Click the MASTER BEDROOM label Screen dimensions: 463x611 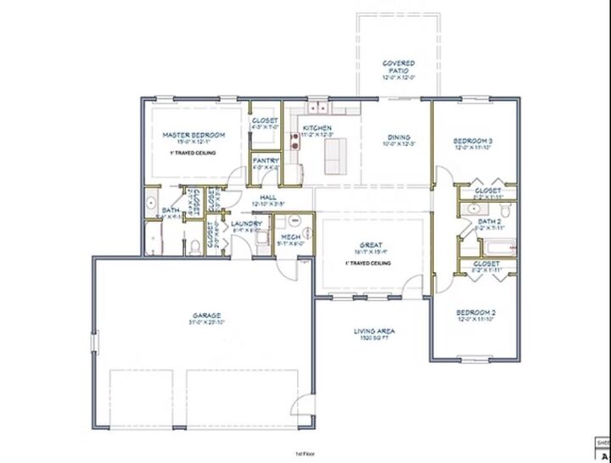click(x=194, y=136)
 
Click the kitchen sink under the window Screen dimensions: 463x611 click(x=317, y=108)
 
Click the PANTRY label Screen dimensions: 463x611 click(x=266, y=160)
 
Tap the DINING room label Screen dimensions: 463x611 click(x=399, y=137)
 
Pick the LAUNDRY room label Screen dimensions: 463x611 click(x=246, y=224)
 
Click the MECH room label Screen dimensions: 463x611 click(x=290, y=237)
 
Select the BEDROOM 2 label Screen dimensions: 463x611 click(x=474, y=312)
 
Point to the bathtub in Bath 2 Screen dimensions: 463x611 click(x=501, y=248)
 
